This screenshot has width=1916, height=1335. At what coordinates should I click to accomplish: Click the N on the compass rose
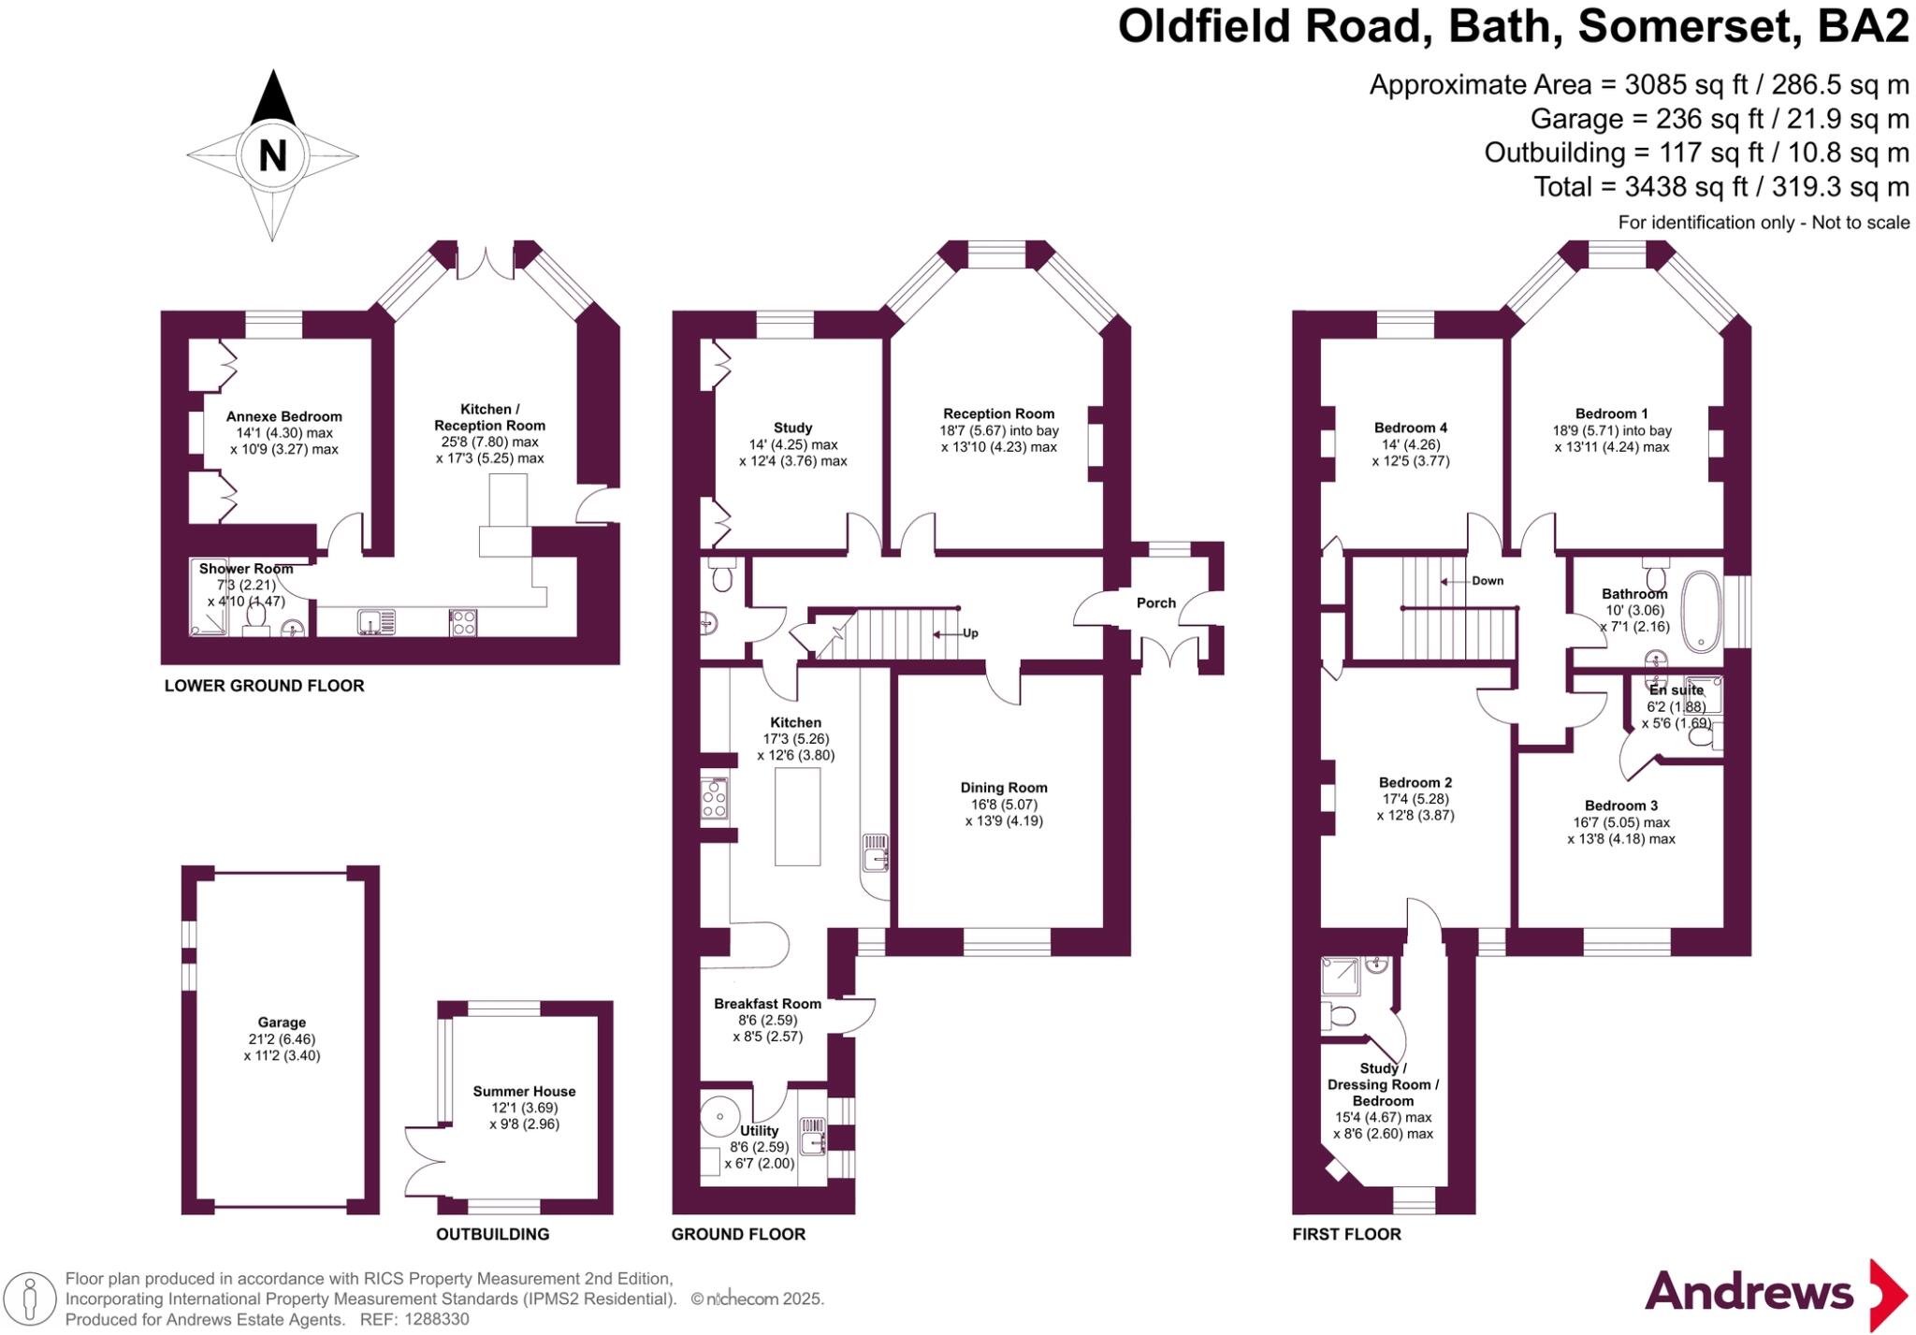point(272,155)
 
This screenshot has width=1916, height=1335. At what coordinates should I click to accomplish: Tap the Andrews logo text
point(1749,1292)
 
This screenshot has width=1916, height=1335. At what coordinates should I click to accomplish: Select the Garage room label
point(282,1023)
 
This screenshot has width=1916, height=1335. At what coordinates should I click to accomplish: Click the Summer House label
point(524,1091)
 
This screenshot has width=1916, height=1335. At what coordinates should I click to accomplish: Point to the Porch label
point(1155,602)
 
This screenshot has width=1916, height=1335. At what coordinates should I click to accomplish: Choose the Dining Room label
point(1004,788)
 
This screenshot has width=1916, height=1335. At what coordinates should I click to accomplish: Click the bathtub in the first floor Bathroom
point(1701,612)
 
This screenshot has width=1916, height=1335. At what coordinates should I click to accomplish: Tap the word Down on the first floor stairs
point(1488,581)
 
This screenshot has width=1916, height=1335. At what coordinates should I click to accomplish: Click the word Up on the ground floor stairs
point(970,633)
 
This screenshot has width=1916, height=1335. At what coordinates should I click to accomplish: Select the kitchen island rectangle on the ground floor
point(797,816)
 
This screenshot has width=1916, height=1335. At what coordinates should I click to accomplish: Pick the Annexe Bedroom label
point(283,416)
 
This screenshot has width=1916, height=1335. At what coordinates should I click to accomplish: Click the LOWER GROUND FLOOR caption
point(264,686)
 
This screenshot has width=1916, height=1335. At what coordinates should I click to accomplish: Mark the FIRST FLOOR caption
point(1346,1234)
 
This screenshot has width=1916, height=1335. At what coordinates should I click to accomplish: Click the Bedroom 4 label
point(1410,428)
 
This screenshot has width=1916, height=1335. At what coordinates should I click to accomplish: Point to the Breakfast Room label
point(767,1004)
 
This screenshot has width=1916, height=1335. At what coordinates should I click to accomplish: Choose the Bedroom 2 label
point(1415,782)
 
